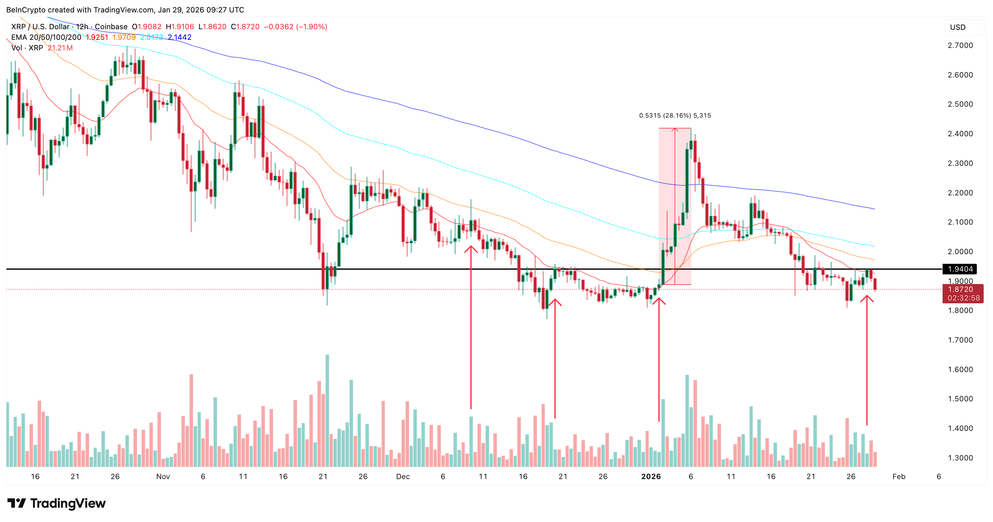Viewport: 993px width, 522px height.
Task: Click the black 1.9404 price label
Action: coord(960,269)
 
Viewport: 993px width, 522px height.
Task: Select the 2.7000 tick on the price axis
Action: coord(960,45)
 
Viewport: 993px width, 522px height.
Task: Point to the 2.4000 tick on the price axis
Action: coord(960,134)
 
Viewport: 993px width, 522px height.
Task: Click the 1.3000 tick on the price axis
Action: coord(960,458)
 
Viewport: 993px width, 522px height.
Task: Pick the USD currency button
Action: coord(958,27)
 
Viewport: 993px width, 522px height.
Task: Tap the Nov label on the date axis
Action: coord(163,477)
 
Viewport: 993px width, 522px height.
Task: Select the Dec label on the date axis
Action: coord(403,477)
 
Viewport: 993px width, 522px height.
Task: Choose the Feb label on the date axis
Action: coord(899,477)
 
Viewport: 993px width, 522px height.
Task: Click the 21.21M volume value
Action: coord(60,48)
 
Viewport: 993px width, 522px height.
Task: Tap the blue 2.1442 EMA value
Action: coord(179,37)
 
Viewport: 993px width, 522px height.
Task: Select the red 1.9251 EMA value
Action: coord(97,37)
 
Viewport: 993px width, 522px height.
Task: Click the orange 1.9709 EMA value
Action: coord(124,37)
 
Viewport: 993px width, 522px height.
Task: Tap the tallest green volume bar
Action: coord(327,410)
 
